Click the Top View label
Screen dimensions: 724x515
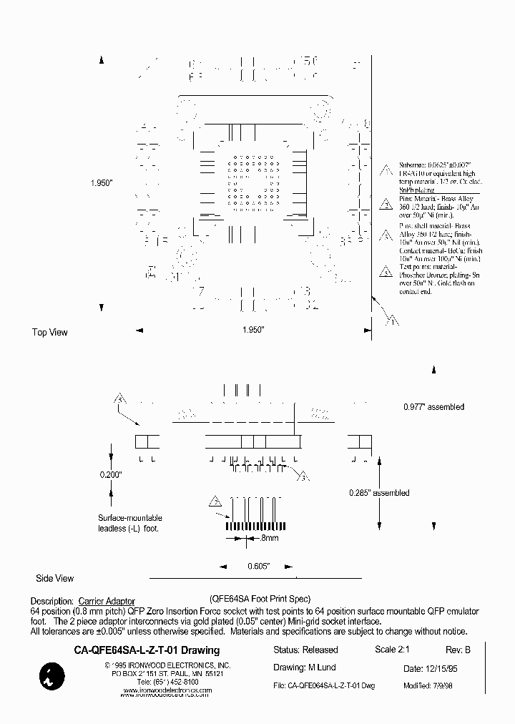50,333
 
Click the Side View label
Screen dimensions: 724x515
55,578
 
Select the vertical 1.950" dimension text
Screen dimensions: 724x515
103,183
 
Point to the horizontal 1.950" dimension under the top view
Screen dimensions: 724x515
253,330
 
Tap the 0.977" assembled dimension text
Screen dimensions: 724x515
433,407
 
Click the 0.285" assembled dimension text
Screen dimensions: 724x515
379,493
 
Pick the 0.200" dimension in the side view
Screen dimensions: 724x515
111,474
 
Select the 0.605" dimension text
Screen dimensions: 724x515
258,566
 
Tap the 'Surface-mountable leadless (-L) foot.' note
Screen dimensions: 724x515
129,523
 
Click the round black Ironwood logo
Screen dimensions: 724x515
51,676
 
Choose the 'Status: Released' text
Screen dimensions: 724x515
305,650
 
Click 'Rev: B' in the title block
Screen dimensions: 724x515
458,650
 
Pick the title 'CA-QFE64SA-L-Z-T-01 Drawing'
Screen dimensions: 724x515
147,651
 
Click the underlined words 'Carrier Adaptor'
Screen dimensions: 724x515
107,602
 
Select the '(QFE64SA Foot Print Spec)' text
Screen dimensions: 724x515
260,598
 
